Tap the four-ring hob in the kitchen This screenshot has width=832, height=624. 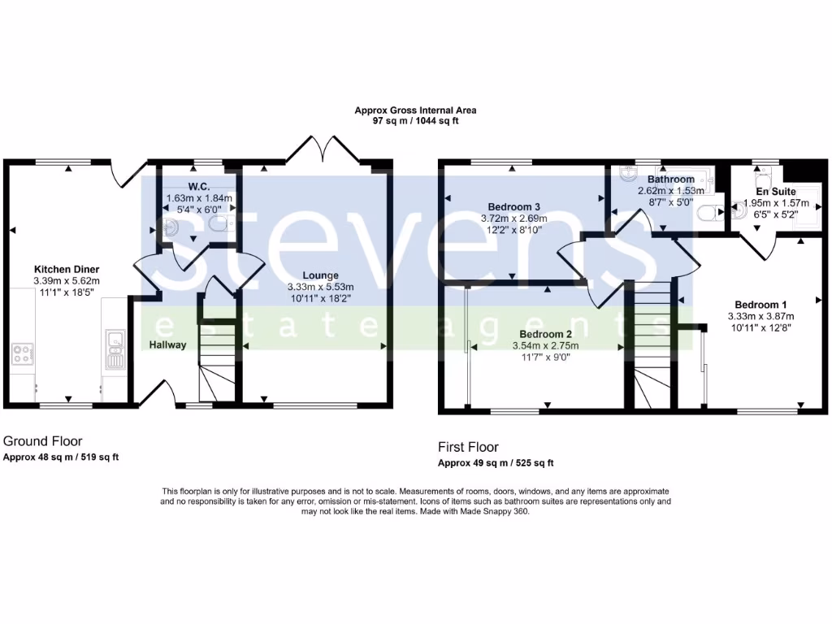coord(22,353)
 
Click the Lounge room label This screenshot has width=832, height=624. coord(320,275)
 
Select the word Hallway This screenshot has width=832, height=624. coord(168,344)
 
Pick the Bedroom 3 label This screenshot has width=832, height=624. coord(513,206)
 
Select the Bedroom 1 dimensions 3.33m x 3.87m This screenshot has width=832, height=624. coord(760,316)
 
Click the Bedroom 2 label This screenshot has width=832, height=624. coord(546,334)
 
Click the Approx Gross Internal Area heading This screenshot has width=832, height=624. coord(415,110)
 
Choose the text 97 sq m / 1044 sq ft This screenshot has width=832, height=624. coord(415,120)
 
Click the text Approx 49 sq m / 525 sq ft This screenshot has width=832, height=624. coord(496,463)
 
